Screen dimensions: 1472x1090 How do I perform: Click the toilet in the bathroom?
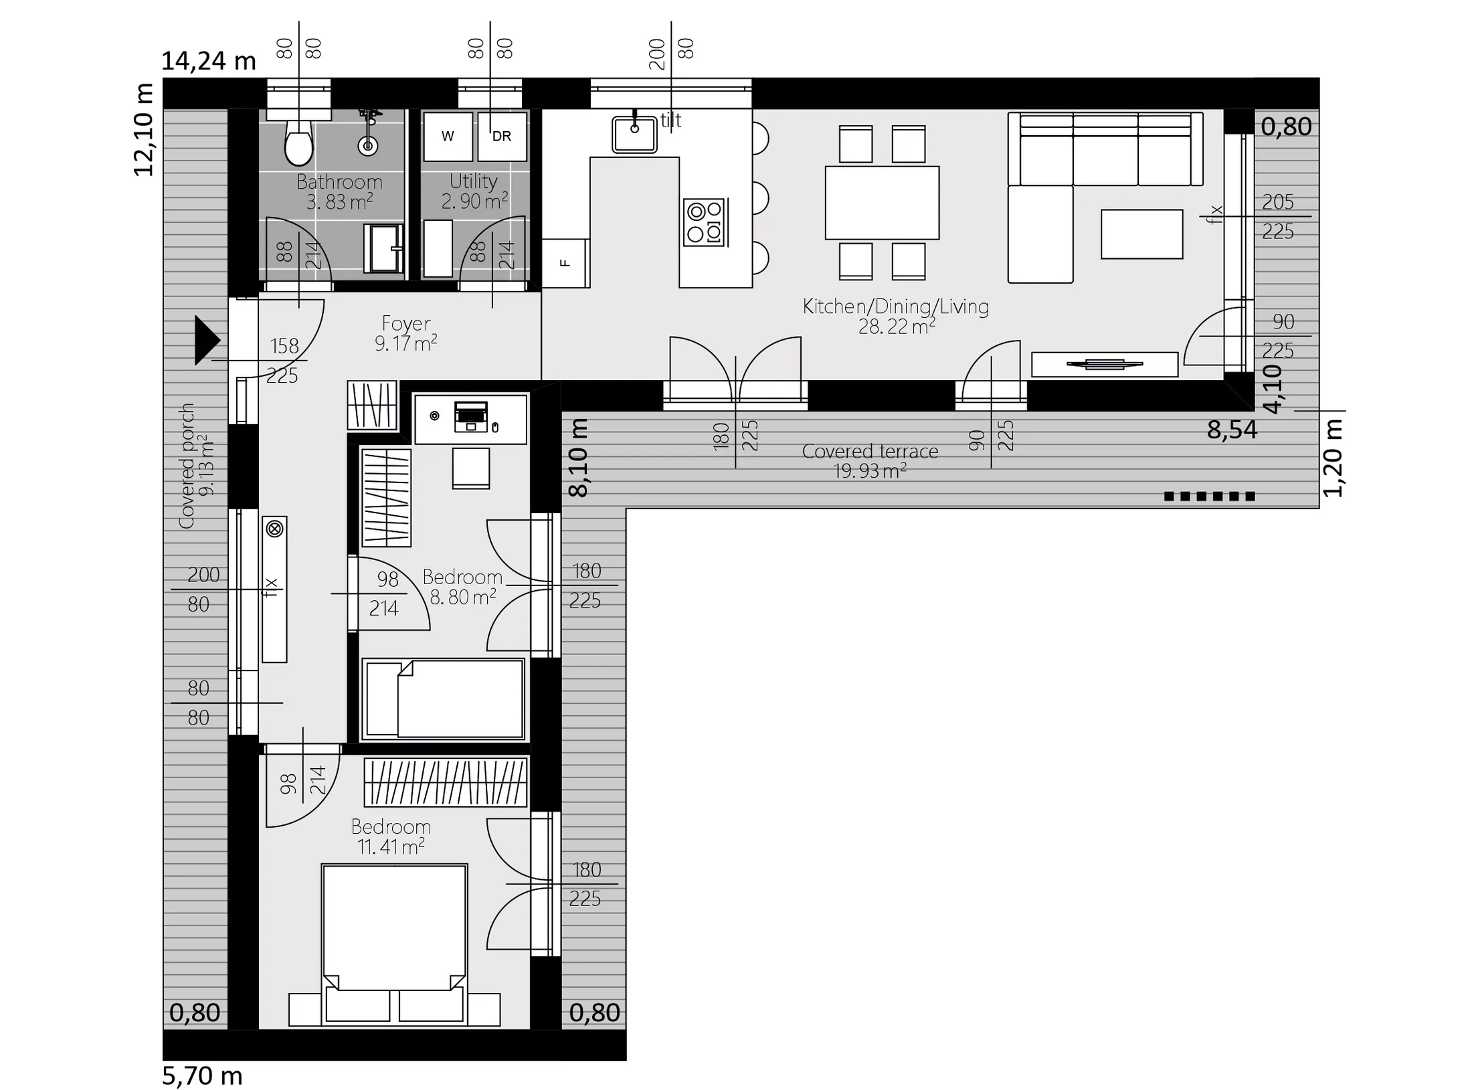298,142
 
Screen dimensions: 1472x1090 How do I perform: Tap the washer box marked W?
448,137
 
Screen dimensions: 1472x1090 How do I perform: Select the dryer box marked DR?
502,137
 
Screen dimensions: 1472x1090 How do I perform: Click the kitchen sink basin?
634,134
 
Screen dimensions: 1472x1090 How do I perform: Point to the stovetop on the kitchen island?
705,222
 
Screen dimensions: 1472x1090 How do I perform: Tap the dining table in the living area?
882,203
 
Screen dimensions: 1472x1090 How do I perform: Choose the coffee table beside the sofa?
1142,234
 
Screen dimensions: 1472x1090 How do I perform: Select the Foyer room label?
406,323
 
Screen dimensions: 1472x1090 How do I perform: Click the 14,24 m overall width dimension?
209,62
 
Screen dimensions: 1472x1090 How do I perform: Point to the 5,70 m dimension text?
202,1076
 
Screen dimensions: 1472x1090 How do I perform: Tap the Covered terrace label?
870,452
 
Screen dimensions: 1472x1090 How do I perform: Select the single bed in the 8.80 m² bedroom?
443,699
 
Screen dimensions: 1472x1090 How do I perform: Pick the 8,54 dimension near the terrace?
1232,430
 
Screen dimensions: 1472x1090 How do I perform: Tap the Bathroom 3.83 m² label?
340,191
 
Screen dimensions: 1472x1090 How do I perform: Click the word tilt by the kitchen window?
671,120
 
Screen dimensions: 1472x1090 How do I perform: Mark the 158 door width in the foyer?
284,346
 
